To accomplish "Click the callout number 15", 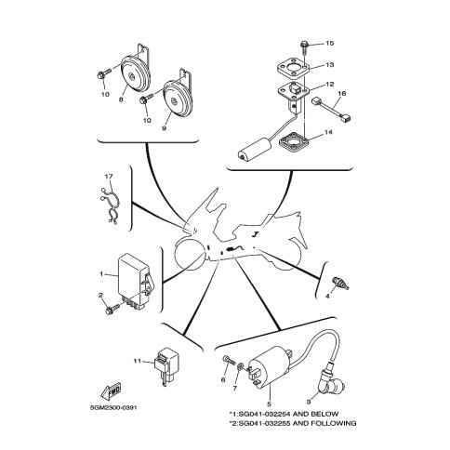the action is [x=330, y=43].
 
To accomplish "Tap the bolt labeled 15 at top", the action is [x=304, y=47].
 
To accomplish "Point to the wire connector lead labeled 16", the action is [x=333, y=110].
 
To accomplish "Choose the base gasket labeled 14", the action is [x=295, y=141].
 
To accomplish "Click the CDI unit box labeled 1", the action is [x=135, y=279].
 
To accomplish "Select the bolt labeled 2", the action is [x=112, y=310].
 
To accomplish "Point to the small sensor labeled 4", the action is [x=339, y=283].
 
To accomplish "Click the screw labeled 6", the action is [x=229, y=360].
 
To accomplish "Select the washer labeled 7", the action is [x=240, y=368].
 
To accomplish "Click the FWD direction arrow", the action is [x=112, y=391].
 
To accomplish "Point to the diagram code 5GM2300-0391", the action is [x=113, y=407].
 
